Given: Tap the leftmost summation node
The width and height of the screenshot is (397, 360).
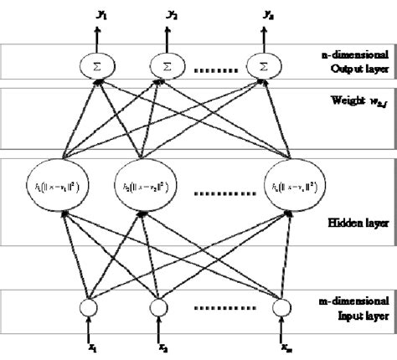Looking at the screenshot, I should (x=95, y=64).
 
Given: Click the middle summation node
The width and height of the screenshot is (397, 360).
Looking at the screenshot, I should (x=166, y=64).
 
